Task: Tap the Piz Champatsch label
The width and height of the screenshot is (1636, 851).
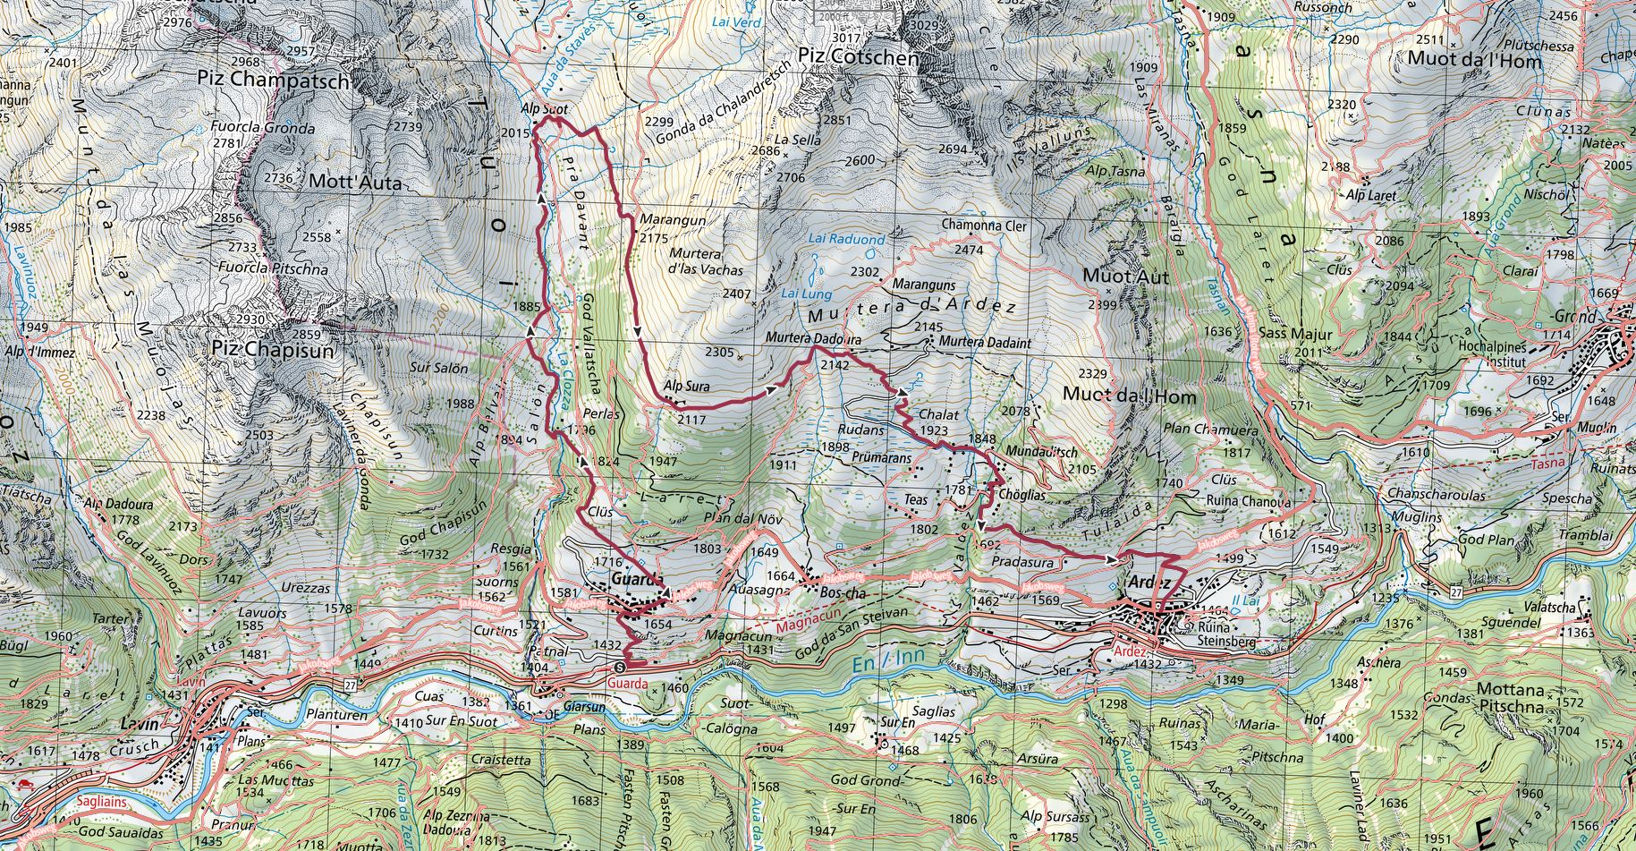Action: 274,80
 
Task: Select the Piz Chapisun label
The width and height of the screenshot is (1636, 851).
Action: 273,351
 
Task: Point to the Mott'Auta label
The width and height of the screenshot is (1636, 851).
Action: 355,183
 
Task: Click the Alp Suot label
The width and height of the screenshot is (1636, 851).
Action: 544,110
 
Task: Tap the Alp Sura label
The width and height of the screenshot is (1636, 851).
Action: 686,387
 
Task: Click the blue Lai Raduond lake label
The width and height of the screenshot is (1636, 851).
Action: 845,240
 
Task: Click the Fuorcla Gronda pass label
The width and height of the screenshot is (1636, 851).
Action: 262,128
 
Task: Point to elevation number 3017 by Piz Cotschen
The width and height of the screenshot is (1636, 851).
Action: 846,38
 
